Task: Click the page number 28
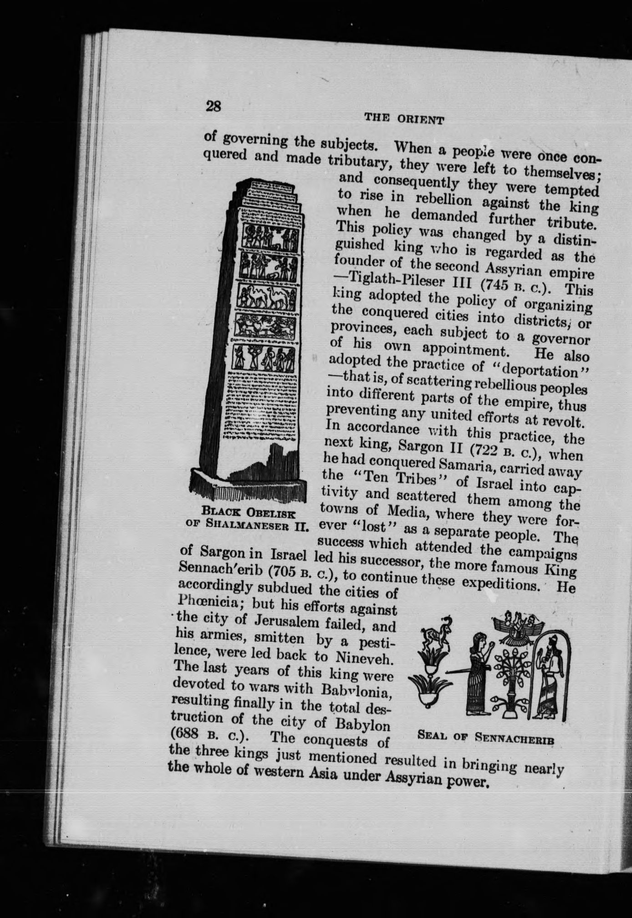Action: [213, 107]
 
